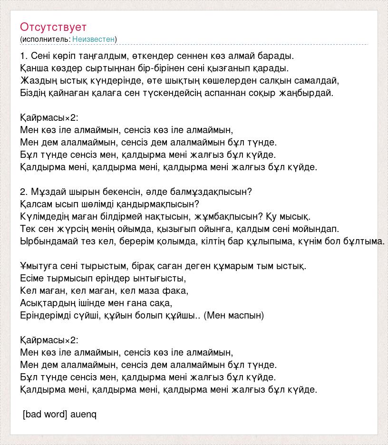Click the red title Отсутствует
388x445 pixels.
click(53, 27)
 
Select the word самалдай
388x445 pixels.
click(320, 80)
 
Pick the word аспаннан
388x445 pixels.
click(226, 93)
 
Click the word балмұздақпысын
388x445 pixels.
click(207, 192)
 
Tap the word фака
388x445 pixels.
click(177, 290)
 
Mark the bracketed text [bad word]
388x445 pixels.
click(45, 415)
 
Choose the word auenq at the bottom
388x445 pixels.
click(84, 415)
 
